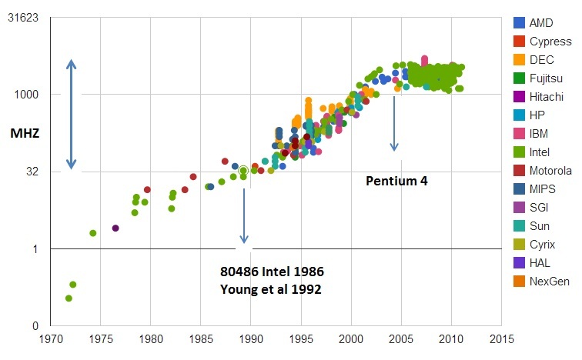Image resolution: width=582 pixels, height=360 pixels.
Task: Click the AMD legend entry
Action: [541, 23]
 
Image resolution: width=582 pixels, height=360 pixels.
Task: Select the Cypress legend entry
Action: [547, 42]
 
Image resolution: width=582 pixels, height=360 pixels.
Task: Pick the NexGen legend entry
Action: [550, 282]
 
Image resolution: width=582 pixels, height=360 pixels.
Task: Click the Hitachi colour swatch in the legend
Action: [520, 97]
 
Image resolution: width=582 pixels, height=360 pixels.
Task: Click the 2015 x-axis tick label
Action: [501, 338]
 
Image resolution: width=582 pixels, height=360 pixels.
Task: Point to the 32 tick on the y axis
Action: [35, 172]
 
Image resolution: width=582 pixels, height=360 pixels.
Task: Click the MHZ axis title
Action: [24, 133]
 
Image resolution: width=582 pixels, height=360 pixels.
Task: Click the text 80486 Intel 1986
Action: [272, 272]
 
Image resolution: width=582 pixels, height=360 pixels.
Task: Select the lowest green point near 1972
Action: [69, 298]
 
